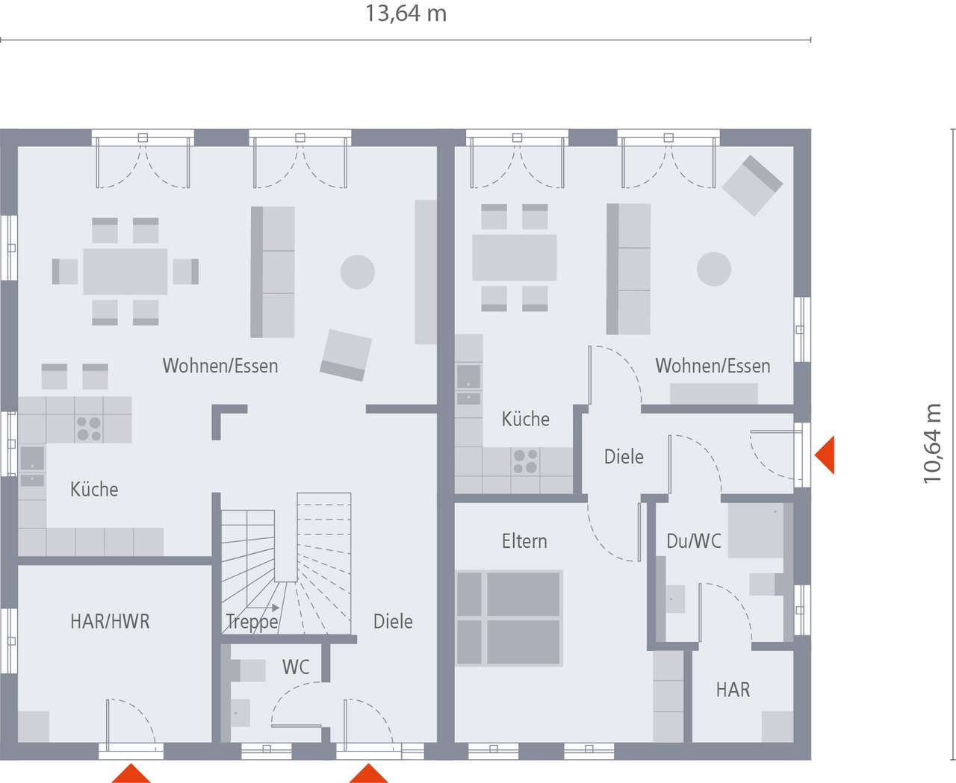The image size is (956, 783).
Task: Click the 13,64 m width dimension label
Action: coord(406,14)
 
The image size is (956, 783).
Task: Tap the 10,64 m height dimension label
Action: coord(932,443)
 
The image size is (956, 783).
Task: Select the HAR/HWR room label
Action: coord(110,621)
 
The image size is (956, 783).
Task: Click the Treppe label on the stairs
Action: coord(252,621)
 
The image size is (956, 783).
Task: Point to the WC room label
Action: coord(296,667)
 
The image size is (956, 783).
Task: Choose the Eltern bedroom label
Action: coord(524,541)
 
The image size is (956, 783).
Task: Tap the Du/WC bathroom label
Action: coord(694,541)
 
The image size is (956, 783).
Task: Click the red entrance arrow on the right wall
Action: coord(825,455)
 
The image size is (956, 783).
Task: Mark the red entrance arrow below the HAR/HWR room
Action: coord(131,773)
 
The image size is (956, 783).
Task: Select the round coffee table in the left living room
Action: coord(358,272)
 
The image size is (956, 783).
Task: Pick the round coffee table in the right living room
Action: coord(714,269)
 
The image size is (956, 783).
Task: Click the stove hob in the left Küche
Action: coord(89,428)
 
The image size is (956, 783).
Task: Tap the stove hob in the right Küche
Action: coord(525,461)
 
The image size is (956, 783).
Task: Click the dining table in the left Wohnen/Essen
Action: coord(125,272)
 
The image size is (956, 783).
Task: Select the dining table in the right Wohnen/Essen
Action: coord(515,258)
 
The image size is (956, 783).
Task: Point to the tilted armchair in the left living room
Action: coord(346,355)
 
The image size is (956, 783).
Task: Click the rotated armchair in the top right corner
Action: coord(752,185)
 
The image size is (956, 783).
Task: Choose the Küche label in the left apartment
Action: coord(94,490)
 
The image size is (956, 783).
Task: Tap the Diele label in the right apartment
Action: coord(624,457)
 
